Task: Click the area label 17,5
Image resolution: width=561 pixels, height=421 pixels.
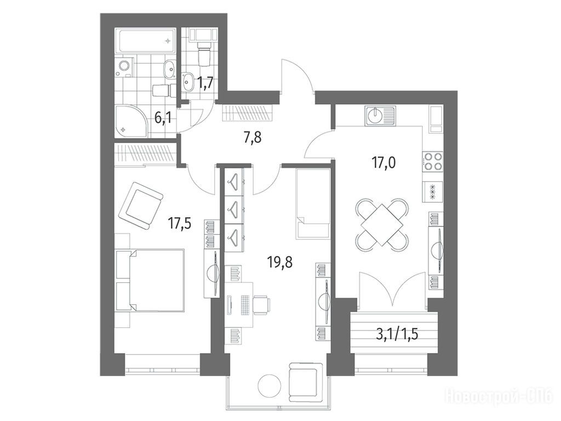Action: [x=180, y=224]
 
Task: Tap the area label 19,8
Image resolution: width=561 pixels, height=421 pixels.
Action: [x=280, y=263]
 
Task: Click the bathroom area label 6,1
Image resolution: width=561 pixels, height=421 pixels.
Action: [x=163, y=117]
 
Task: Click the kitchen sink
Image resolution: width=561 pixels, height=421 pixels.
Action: [x=381, y=116]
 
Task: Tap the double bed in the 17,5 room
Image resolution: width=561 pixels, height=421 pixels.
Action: [x=150, y=280]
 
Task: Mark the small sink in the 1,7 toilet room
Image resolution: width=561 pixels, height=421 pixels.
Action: [x=187, y=82]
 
